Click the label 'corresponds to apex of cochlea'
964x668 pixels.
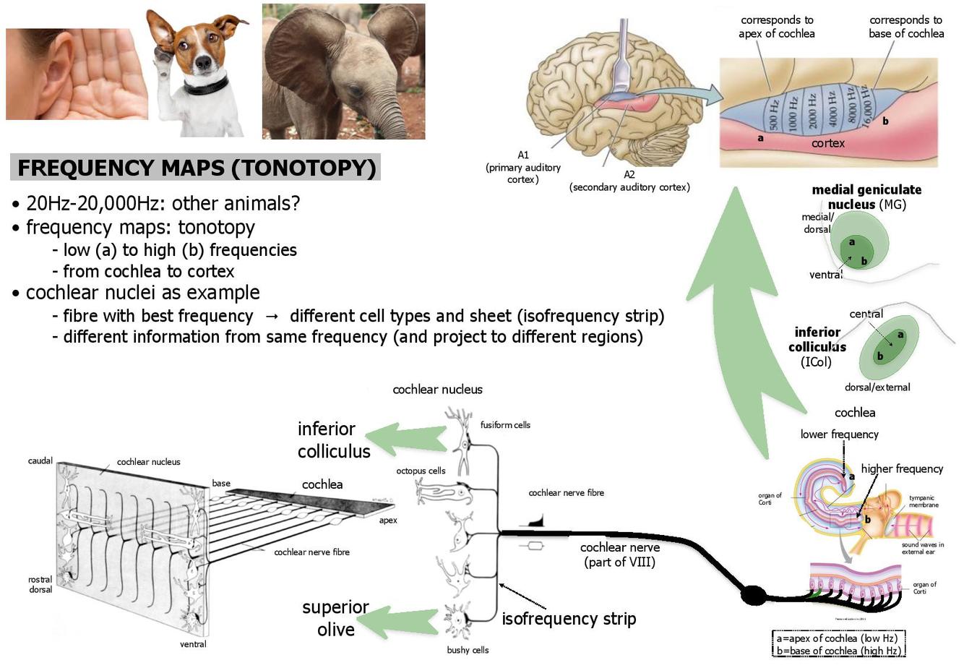coord(776,27)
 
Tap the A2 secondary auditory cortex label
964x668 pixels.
coord(629,181)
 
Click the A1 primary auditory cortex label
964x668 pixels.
coord(523,167)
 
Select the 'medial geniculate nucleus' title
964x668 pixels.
coord(866,197)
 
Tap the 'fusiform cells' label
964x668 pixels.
coord(505,425)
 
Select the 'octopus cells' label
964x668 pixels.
coord(421,471)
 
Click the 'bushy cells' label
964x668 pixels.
coord(468,650)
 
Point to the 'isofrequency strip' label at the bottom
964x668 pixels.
coord(569,619)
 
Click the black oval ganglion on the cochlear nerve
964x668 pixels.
coord(754,595)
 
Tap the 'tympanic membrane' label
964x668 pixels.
coord(924,501)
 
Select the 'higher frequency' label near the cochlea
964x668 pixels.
coord(902,469)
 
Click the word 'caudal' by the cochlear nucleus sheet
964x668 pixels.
coord(40,461)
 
